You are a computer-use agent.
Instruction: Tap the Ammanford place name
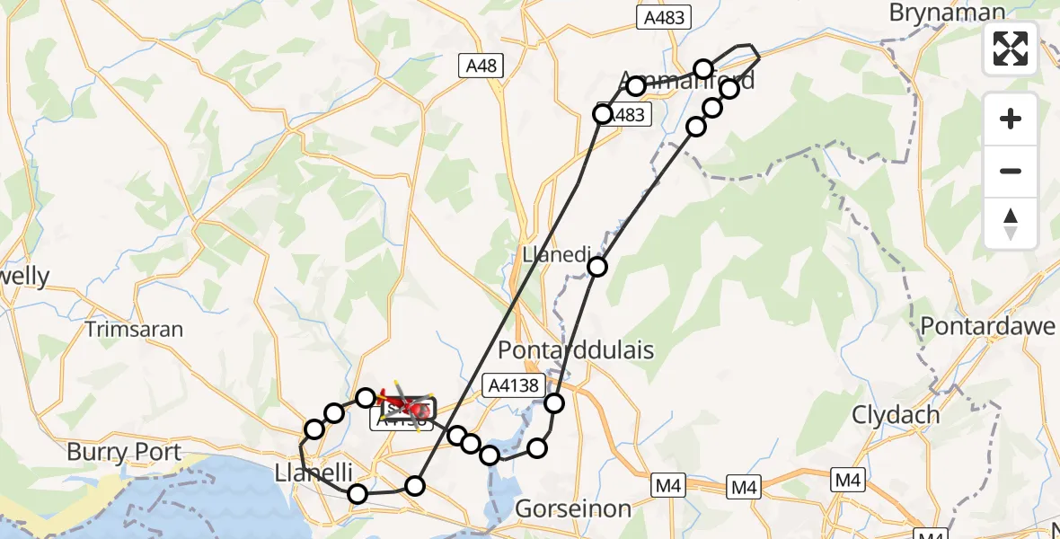tap(687, 80)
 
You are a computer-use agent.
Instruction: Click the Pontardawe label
tap(988, 326)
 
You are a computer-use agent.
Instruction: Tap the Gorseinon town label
tap(573, 508)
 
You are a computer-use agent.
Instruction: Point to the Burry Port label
tap(124, 452)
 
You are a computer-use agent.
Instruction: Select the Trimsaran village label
tap(134, 329)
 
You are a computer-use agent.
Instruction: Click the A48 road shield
tap(481, 66)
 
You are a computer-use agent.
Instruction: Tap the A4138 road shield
tap(515, 385)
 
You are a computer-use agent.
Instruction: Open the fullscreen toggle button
tap(1011, 49)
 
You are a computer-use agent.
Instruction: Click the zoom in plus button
tap(1011, 119)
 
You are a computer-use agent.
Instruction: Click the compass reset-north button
tap(1011, 224)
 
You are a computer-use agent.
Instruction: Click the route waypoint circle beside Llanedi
tap(597, 266)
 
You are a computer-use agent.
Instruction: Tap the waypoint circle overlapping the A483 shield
tap(603, 114)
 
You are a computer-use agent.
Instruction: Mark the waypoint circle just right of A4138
tap(554, 403)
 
